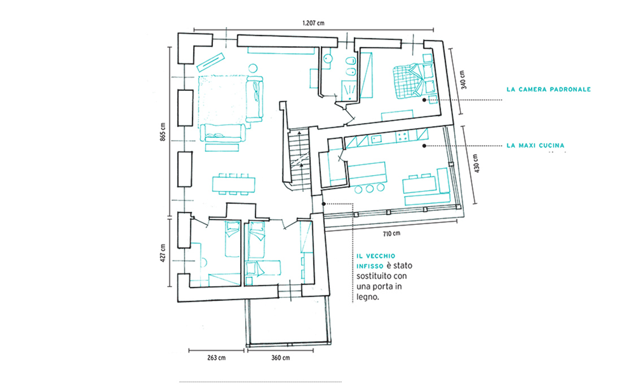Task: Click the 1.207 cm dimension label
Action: [x=314, y=23]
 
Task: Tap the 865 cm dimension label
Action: [x=163, y=132]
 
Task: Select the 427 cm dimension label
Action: [x=163, y=253]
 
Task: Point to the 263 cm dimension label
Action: [x=216, y=357]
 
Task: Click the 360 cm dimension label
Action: [x=281, y=357]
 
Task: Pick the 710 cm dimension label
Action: [x=391, y=234]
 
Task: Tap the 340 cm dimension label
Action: [x=463, y=80]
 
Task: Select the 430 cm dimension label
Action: [x=476, y=163]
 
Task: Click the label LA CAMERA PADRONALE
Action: [x=549, y=89]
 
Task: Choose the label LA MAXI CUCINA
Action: [x=536, y=145]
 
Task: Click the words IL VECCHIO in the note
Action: [x=376, y=256]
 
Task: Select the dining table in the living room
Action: [x=234, y=184]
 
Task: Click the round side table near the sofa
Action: [x=253, y=68]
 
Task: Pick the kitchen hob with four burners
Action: [x=402, y=136]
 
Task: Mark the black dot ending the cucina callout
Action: [x=425, y=145]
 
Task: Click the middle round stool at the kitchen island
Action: [x=369, y=189]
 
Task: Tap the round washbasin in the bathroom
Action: [x=327, y=58]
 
